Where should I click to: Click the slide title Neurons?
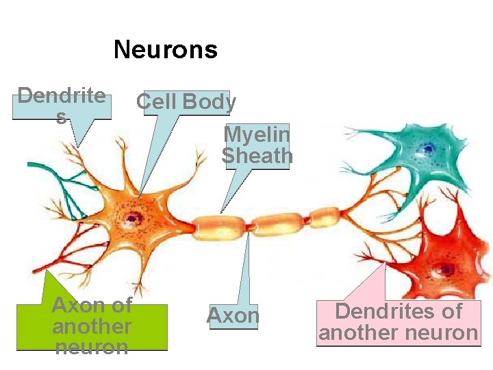[166, 49]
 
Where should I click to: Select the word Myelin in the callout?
[257, 134]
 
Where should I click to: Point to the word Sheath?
[257, 156]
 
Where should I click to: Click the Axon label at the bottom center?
[233, 316]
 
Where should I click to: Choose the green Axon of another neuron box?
[92, 325]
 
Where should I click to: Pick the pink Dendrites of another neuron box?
[399, 322]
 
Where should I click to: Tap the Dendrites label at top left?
[62, 105]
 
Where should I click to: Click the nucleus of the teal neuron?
[428, 147]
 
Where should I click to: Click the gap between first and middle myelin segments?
[249, 224]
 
